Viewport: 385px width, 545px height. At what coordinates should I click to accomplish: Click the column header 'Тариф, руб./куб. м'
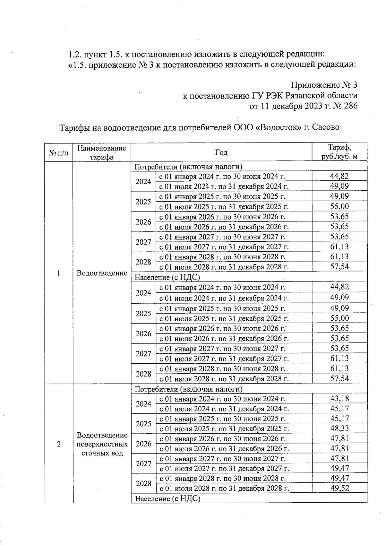click(339, 152)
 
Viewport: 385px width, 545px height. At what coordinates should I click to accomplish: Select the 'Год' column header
click(221, 152)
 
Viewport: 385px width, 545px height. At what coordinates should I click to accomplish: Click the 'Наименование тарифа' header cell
click(102, 152)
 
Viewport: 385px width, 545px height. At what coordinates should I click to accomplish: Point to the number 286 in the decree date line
click(350, 106)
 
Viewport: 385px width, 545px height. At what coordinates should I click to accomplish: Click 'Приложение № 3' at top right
click(324, 85)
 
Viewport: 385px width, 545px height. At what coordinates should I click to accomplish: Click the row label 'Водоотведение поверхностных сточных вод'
click(102, 444)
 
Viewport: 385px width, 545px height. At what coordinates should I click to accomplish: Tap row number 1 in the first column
click(58, 273)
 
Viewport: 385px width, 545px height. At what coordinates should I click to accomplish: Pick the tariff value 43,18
click(339, 399)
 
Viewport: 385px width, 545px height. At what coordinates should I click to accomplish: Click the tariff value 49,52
click(339, 488)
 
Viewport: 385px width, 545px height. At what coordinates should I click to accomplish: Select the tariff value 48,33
click(339, 428)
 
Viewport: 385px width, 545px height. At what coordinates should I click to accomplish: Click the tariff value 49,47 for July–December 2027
click(339, 468)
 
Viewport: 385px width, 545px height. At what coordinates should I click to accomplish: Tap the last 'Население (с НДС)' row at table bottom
click(167, 498)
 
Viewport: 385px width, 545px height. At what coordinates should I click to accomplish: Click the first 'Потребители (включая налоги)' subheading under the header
click(188, 167)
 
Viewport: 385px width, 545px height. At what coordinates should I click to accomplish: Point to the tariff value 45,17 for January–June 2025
click(339, 419)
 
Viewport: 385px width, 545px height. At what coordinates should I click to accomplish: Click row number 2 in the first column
click(58, 444)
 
